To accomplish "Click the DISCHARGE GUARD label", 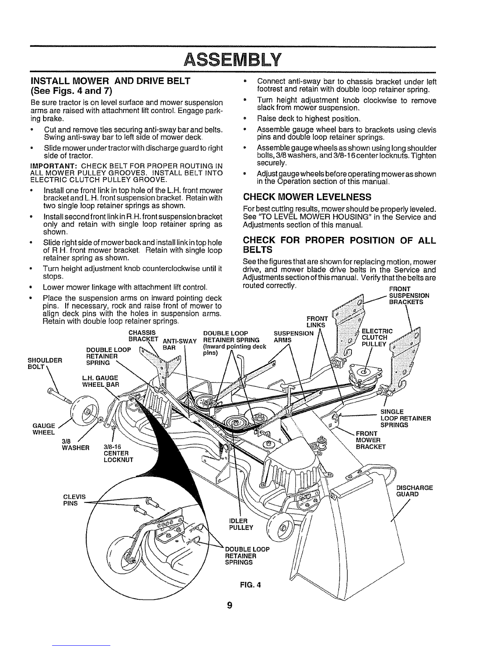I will point(415,491).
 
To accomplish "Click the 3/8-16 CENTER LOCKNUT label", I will point(116,453).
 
